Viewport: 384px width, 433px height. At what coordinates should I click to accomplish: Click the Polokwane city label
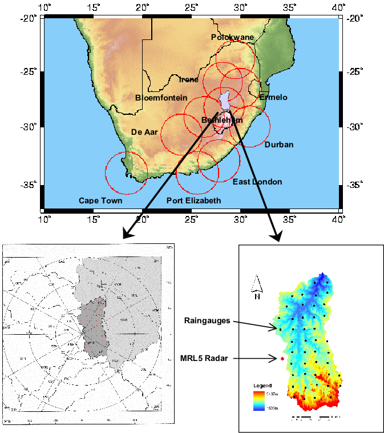(x=232, y=37)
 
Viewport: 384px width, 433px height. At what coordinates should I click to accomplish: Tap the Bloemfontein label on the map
(x=161, y=98)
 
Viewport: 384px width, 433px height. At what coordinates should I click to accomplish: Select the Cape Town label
(x=100, y=201)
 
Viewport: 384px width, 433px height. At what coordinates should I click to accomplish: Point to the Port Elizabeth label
(x=193, y=201)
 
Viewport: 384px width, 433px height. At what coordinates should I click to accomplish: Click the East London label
(x=257, y=182)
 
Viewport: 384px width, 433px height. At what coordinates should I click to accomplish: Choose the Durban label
(x=279, y=145)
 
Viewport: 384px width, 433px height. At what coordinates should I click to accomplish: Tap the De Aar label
(x=144, y=132)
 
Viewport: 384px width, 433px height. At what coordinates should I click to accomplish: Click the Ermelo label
(x=273, y=97)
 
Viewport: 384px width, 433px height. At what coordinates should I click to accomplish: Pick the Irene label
(x=189, y=79)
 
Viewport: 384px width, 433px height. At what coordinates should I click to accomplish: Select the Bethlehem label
(x=222, y=120)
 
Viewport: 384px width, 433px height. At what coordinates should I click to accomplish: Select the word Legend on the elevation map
(x=262, y=385)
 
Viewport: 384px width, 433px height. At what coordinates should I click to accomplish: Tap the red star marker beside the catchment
(x=282, y=359)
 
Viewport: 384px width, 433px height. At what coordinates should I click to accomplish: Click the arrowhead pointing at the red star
(x=276, y=359)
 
